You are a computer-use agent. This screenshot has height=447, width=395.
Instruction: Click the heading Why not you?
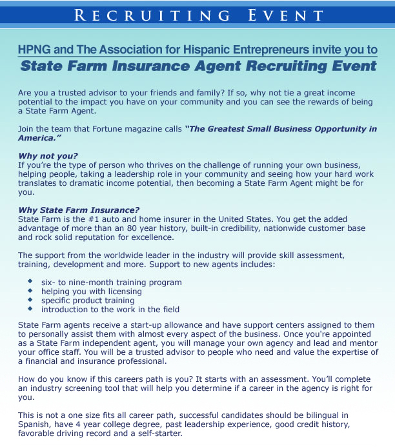pos(48,156)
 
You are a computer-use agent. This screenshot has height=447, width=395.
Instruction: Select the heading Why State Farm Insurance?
pos(79,210)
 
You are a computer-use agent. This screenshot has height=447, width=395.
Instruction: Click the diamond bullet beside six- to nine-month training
pos(30,282)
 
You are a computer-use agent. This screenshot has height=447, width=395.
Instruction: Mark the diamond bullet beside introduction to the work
pos(30,309)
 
